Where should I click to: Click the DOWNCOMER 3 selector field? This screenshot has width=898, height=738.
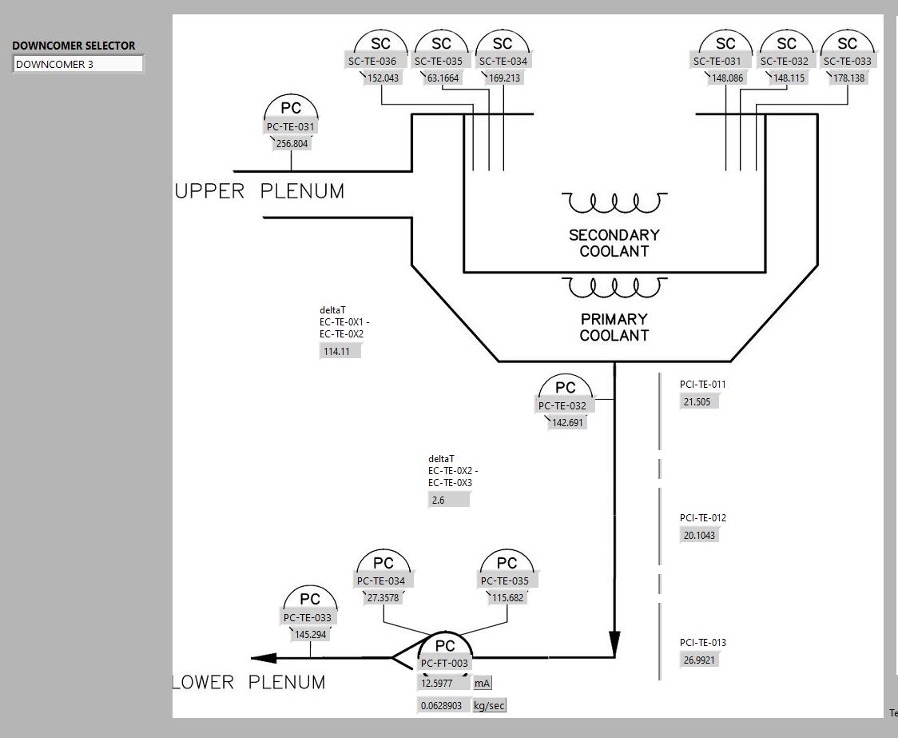click(77, 65)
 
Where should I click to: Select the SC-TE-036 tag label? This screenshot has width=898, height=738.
click(372, 62)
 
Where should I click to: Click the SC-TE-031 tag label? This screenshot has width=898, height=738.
click(717, 62)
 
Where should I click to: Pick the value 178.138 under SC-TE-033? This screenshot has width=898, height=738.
click(848, 78)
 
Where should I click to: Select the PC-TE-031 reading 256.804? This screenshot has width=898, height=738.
click(292, 144)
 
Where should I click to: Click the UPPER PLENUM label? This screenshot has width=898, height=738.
click(260, 192)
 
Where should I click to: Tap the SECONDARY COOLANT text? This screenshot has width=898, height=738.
click(614, 243)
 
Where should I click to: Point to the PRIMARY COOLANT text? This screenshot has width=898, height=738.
click(614, 327)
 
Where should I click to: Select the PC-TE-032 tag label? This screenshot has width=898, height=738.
click(562, 406)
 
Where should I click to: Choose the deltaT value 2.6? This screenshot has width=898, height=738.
click(448, 501)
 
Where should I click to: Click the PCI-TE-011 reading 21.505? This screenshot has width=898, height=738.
click(697, 402)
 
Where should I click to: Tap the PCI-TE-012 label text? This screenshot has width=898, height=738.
click(703, 518)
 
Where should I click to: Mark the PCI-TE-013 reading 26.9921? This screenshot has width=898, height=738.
click(699, 660)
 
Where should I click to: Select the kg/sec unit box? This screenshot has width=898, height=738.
click(489, 706)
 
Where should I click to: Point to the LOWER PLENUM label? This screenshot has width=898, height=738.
click(249, 683)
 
